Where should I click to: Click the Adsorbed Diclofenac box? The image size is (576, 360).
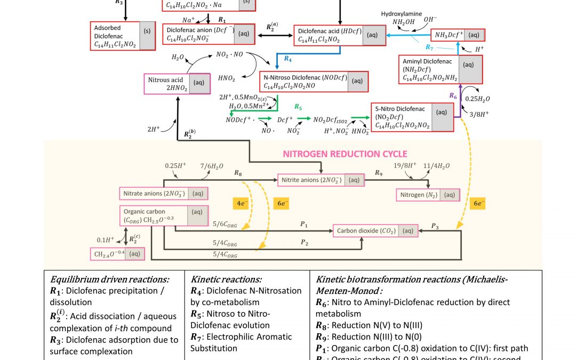123,36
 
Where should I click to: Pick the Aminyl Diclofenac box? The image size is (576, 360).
441,69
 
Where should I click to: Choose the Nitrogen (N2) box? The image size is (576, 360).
427,195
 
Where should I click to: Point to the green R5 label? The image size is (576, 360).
299,107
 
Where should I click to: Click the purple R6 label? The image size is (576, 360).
453,95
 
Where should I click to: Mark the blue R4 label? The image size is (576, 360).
288,58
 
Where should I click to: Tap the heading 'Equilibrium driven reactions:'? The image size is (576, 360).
109,279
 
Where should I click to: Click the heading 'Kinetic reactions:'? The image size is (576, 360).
226,279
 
